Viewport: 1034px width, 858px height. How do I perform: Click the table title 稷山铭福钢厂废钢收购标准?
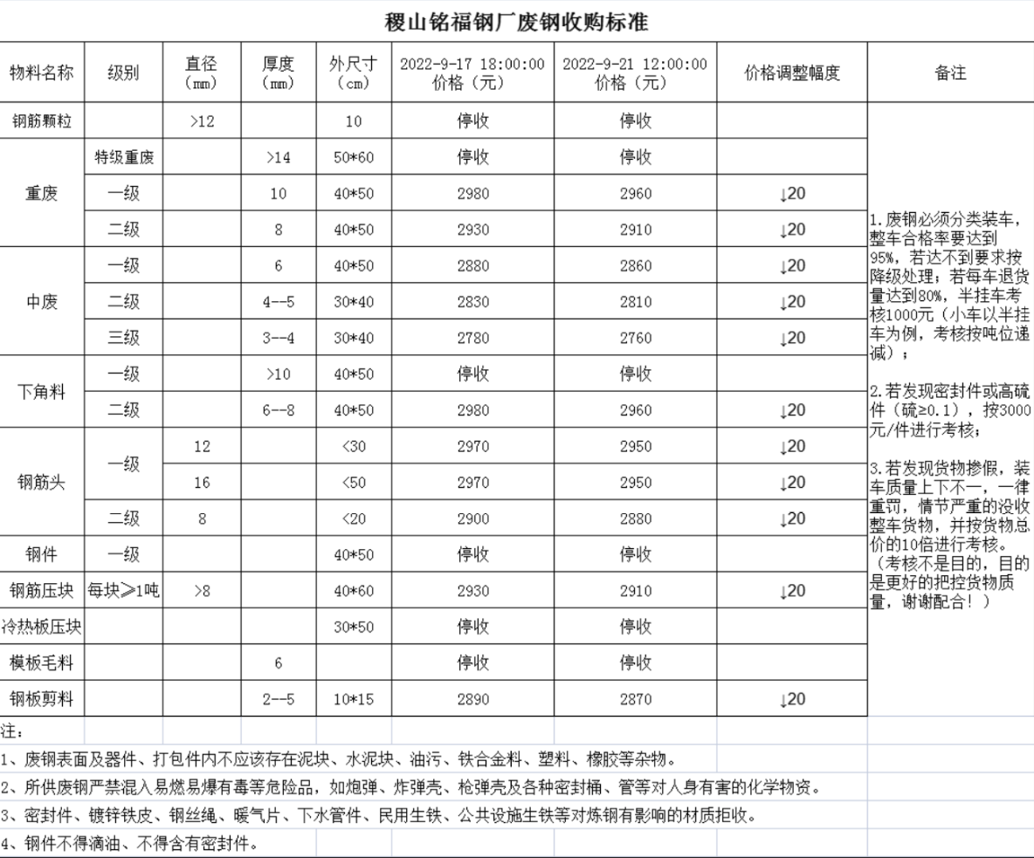[517, 21]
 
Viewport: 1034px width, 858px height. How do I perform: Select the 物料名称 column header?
[42, 72]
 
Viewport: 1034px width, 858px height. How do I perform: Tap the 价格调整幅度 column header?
[791, 72]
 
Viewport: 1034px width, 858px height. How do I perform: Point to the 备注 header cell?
[950, 72]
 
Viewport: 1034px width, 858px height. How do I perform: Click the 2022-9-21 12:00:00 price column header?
[635, 72]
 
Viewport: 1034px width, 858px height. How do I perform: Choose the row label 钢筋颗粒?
[42, 121]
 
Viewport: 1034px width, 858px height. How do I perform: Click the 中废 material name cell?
[42, 302]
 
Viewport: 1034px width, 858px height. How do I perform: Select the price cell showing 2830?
[472, 302]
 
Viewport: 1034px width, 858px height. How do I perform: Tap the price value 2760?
[635, 339]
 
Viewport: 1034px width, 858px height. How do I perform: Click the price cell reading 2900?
[472, 519]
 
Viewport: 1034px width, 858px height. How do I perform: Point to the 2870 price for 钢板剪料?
[635, 699]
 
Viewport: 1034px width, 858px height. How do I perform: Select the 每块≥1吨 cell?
[124, 592]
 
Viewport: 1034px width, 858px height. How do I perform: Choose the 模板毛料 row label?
[42, 663]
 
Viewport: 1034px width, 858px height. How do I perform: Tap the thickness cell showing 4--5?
[278, 302]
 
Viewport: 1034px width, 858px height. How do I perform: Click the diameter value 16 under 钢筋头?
[202, 483]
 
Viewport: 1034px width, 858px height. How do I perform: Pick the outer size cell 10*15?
[353, 699]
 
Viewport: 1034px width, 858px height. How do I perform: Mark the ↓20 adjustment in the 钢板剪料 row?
[791, 699]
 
